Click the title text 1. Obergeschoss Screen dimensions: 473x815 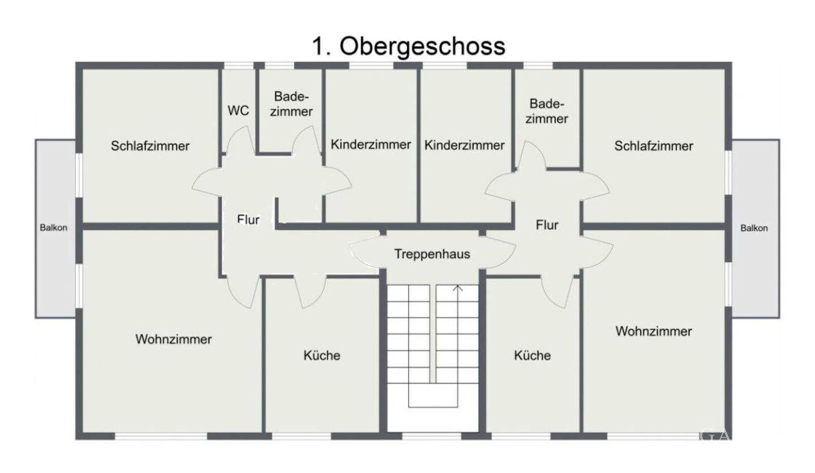[407, 46]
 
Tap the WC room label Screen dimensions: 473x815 [238, 111]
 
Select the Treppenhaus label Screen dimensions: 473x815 [432, 254]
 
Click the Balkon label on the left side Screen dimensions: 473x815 [54, 228]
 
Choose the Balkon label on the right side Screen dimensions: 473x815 [754, 228]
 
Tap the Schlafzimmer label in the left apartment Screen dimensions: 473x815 [150, 146]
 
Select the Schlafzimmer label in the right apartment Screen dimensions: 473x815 [654, 146]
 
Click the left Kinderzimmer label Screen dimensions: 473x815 [371, 144]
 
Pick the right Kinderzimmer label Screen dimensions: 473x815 [464, 145]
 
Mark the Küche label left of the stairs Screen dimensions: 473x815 [322, 356]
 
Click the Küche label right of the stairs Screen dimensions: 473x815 [532, 356]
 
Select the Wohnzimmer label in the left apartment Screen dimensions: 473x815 [174, 339]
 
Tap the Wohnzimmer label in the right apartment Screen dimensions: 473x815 [654, 331]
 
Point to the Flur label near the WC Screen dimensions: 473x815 [248, 219]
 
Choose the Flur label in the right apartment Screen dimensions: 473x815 [547, 225]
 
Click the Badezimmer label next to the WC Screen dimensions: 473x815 [291, 104]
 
